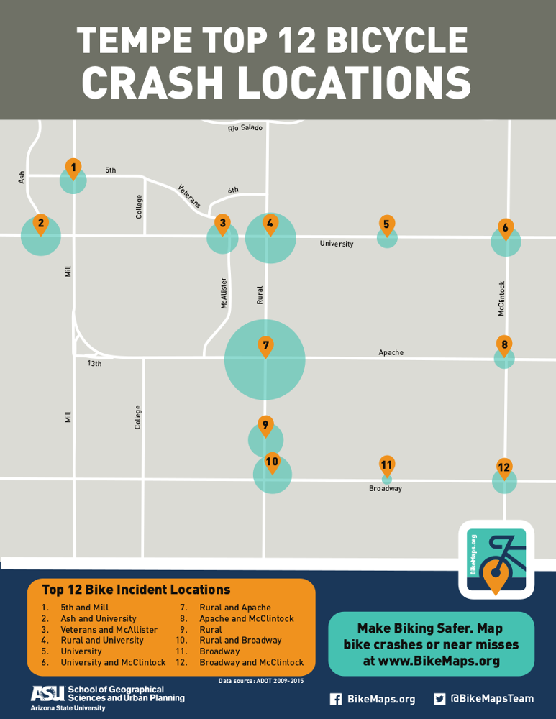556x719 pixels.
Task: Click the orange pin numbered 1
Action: click(73, 168)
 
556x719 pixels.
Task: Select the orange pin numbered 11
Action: click(387, 465)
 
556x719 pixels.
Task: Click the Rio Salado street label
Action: click(245, 128)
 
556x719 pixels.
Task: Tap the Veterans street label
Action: click(189, 196)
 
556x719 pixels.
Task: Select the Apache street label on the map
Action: click(391, 352)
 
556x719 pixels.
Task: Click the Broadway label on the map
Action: click(386, 489)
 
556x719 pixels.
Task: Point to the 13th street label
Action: click(95, 364)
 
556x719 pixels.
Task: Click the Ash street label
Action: click(22, 176)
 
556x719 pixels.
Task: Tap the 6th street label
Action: click(233, 190)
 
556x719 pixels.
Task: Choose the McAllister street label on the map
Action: click(224, 293)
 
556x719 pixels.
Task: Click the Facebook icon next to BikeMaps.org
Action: click(335, 699)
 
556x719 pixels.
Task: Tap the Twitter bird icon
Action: click(440, 699)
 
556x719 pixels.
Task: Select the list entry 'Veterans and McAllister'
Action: click(109, 629)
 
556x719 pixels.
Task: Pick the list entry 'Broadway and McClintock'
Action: click(251, 662)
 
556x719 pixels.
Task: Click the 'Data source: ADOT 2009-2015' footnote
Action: click(260, 679)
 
